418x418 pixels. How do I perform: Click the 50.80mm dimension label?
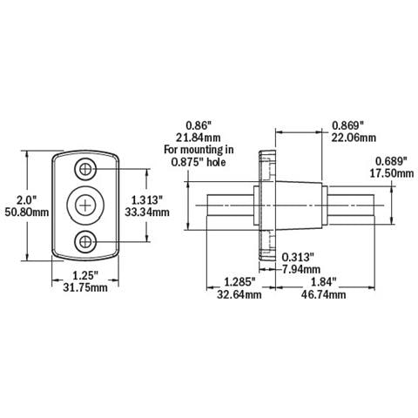(x=27, y=212)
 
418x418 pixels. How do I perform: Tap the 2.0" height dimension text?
(x=26, y=200)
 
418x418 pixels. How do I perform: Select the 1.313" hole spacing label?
(x=147, y=200)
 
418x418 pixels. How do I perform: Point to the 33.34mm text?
(x=147, y=212)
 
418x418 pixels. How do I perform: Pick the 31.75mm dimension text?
(x=85, y=287)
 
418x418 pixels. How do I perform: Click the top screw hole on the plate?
(x=85, y=169)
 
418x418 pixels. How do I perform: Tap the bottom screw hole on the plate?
(x=85, y=241)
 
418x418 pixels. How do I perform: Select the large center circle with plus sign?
(x=85, y=206)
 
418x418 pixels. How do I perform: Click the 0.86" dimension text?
(x=199, y=126)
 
